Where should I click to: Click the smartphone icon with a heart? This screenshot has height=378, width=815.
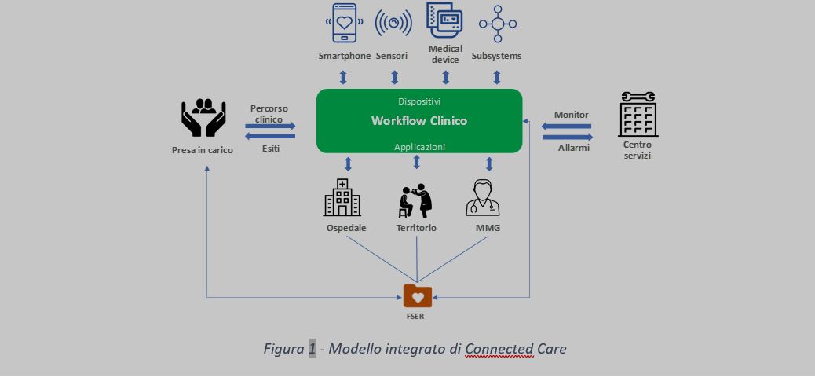pyautogui.click(x=344, y=24)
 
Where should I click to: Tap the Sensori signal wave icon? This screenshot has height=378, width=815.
pyautogui.click(x=393, y=24)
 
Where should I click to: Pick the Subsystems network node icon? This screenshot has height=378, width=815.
pyautogui.click(x=497, y=24)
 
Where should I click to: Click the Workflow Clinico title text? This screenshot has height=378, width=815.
pyautogui.click(x=418, y=121)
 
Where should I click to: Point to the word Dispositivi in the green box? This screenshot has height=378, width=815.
pyautogui.click(x=418, y=101)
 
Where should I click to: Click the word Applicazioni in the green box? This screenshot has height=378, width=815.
pyautogui.click(x=418, y=146)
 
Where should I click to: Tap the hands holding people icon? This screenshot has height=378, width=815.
pyautogui.click(x=203, y=117)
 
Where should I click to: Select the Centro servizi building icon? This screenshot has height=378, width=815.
pyautogui.click(x=638, y=115)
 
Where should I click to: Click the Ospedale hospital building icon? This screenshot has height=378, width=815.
pyautogui.click(x=342, y=197)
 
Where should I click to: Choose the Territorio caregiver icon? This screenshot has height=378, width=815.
pyautogui.click(x=416, y=200)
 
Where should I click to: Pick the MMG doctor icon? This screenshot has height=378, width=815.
pyautogui.click(x=482, y=198)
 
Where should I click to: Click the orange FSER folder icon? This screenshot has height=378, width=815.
pyautogui.click(x=418, y=296)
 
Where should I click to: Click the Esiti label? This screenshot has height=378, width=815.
pyautogui.click(x=270, y=148)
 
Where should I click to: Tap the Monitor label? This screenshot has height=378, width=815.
pyautogui.click(x=571, y=115)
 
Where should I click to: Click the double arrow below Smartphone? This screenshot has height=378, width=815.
pyautogui.click(x=343, y=77)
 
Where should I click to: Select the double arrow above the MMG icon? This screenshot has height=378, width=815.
pyautogui.click(x=489, y=163)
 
